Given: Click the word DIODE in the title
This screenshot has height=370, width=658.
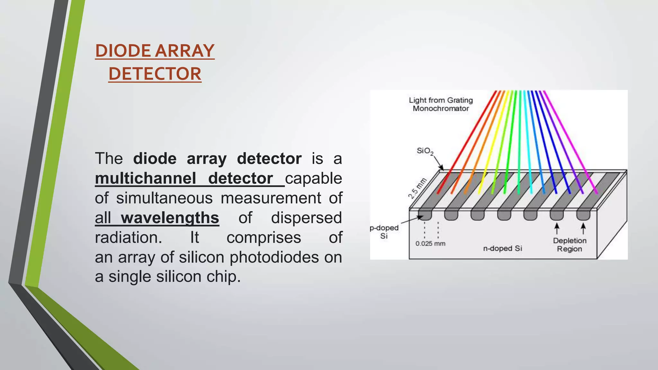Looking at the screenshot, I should (x=123, y=51).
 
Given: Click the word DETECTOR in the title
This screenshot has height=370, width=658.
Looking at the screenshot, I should (x=155, y=74).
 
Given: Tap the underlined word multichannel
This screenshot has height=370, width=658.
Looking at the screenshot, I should (x=145, y=178).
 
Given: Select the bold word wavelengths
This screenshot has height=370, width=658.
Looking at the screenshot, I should (x=170, y=218).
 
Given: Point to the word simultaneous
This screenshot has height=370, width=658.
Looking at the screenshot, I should (x=164, y=198).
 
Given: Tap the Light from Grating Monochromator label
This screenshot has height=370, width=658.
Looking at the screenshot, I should (x=440, y=104).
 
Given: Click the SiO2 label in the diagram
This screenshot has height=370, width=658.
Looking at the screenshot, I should (x=425, y=151).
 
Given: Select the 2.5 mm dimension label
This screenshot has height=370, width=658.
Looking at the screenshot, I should (x=417, y=188).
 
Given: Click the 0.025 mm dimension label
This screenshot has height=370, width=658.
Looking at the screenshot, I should (x=430, y=243).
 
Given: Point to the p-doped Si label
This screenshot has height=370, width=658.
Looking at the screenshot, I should (x=384, y=232).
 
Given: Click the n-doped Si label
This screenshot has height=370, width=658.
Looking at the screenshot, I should (x=502, y=248).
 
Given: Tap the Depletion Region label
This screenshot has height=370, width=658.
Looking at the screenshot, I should (x=569, y=244).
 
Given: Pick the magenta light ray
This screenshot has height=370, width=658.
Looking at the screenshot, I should (x=570, y=141).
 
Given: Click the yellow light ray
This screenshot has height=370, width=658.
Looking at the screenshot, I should (x=495, y=141).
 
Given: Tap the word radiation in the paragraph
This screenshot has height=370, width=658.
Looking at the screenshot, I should (x=128, y=238).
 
